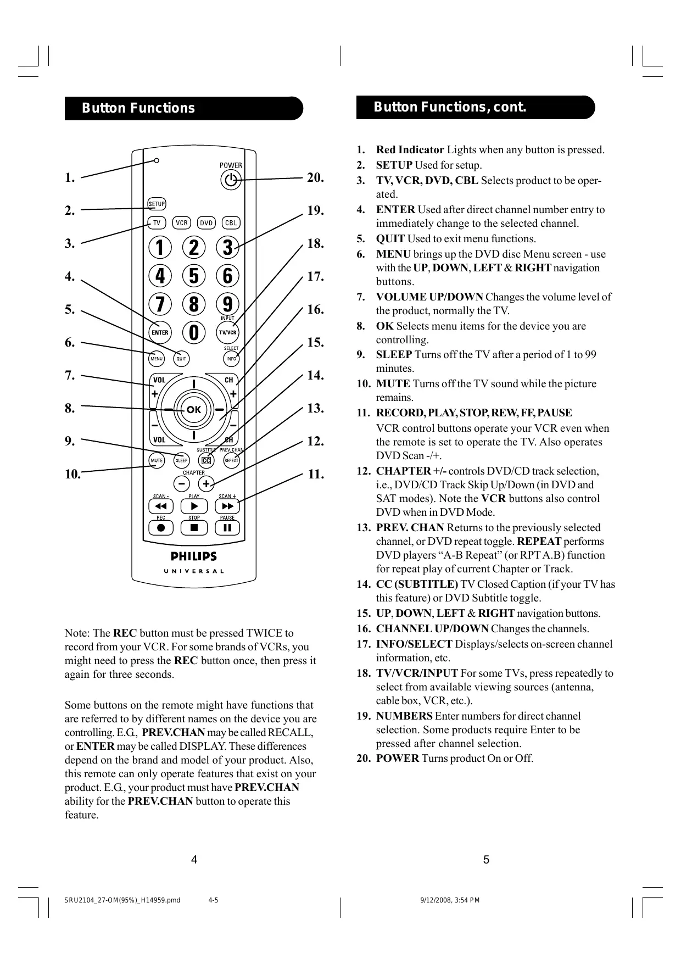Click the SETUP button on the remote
[157, 204]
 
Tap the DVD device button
[206, 223]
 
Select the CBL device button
[231, 223]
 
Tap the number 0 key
[194, 332]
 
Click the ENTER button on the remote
[160, 332]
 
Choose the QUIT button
[181, 359]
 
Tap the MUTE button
[157, 460]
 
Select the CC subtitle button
[206, 461]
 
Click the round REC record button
[161, 528]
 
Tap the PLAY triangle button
[194, 506]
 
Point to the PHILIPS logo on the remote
[194, 556]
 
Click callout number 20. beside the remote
[315, 177]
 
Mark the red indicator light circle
[157, 160]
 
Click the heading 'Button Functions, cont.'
[450, 107]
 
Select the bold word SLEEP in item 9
[394, 355]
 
